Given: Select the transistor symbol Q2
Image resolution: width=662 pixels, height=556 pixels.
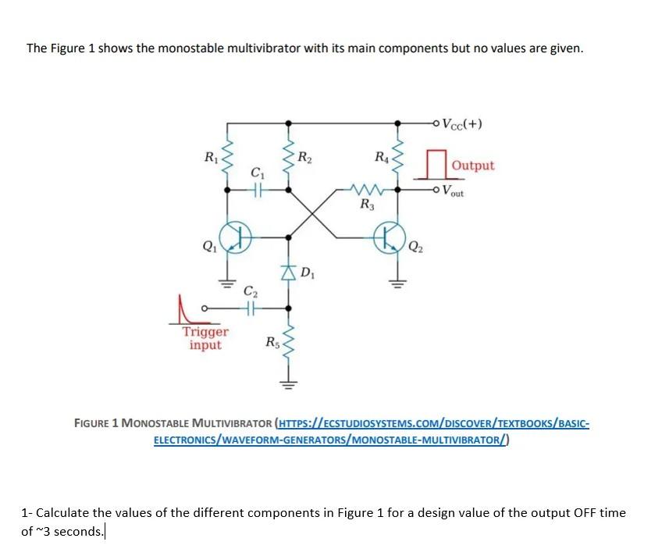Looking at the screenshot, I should (x=390, y=236).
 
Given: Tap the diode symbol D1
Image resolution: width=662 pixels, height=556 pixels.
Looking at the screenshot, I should (x=289, y=273).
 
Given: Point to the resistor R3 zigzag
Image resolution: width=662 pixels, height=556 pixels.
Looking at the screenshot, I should (x=364, y=189).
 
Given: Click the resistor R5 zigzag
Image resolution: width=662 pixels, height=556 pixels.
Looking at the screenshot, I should (x=289, y=342).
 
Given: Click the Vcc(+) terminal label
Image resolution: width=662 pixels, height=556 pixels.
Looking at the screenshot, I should (x=462, y=123).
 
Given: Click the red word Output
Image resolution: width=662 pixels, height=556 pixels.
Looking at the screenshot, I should (x=473, y=166).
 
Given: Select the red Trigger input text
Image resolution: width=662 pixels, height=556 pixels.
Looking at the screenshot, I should (x=205, y=338).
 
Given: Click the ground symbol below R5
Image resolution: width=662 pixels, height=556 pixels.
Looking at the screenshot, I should (x=289, y=383).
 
